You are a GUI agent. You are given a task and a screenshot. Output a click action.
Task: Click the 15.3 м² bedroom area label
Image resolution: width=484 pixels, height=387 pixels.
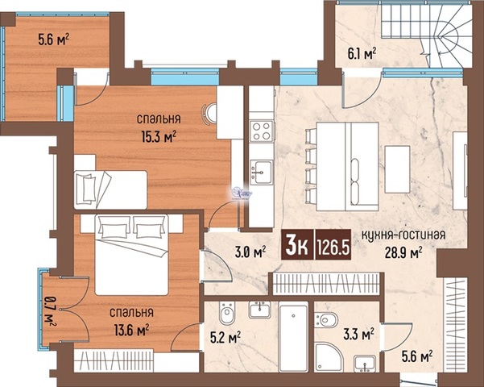coord(159,136)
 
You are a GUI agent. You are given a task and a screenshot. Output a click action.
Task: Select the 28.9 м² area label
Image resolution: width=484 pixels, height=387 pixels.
coord(403,253)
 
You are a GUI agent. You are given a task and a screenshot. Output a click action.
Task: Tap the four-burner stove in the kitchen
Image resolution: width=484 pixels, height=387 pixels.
coord(262,131)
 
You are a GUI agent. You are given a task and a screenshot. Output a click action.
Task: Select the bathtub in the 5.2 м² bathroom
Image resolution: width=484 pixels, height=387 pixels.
coord(293,337)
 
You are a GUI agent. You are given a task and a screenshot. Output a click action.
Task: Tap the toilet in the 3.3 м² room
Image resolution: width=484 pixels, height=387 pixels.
coord(325,319)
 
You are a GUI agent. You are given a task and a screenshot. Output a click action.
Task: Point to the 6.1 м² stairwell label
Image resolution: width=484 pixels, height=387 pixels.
coord(362,53)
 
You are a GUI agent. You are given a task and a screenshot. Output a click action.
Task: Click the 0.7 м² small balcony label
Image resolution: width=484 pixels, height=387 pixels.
coord(50,311)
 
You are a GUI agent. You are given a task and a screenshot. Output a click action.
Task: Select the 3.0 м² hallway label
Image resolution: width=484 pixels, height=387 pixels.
coord(250,252)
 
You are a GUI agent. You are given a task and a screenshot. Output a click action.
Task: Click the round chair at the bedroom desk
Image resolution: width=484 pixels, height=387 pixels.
coord(210,114)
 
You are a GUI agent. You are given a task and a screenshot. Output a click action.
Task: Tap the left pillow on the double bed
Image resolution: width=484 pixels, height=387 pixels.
coord(114,227)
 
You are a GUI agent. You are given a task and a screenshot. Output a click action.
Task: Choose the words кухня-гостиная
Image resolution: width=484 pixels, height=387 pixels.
coord(403,235)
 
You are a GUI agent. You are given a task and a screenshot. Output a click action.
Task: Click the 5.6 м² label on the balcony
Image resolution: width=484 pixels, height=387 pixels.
coord(54,40)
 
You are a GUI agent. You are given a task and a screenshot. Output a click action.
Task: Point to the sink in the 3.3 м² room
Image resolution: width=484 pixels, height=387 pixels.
coord(365,364)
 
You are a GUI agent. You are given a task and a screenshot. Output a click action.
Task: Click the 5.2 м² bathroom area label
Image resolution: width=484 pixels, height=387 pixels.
coord(225,338)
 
